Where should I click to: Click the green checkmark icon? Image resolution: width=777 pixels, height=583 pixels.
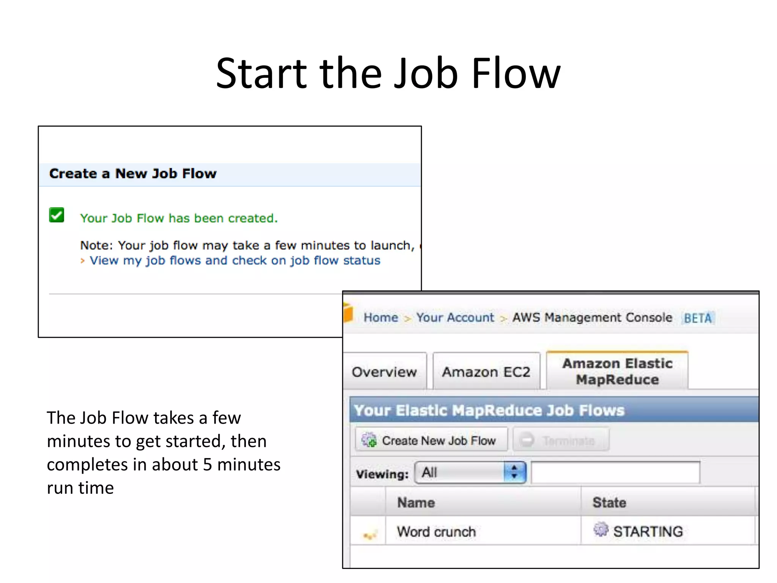pos(57,215)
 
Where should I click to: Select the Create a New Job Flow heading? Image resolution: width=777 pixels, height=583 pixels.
pos(133,174)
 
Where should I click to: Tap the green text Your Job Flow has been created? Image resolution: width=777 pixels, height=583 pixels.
pos(179,218)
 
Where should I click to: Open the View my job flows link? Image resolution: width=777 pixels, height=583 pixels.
pos(234,261)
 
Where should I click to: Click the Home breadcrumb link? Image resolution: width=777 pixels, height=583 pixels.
pos(381,317)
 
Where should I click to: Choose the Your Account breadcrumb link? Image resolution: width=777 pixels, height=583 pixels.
pos(455,317)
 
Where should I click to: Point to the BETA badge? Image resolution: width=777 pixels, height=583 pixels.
pos(698,318)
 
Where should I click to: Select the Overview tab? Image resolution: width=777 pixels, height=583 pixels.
pos(384,372)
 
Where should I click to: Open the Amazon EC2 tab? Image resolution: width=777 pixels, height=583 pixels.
pos(486,372)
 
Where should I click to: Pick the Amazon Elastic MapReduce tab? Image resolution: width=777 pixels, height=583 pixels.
pos(617,371)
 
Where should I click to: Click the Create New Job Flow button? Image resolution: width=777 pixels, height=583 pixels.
pos(431,440)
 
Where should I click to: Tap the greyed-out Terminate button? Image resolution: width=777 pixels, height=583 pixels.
pos(561,440)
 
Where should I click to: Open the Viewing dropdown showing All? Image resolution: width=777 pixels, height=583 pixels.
pos(470,473)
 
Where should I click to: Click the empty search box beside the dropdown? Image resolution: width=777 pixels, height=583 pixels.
pos(615,473)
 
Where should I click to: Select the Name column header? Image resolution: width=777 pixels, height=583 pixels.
pos(416,503)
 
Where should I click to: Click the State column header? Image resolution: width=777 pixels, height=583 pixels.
pos(609,503)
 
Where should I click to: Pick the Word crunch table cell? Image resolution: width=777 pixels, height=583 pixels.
pos(436,532)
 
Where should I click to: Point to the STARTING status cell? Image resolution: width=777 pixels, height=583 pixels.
pos(647,531)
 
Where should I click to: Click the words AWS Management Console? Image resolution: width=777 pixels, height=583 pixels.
pos(592,317)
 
